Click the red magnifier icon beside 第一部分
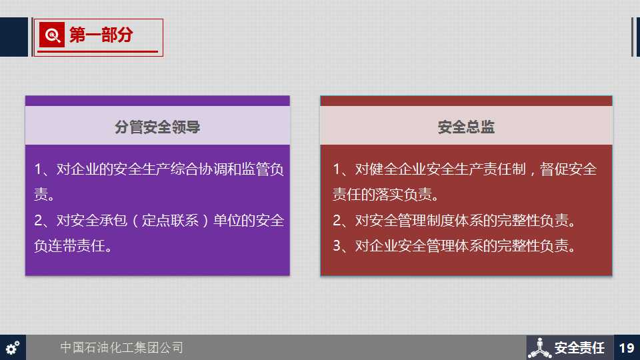(52, 35)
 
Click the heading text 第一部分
(101, 35)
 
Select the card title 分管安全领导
(157, 127)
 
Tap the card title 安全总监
(466, 127)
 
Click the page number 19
(627, 348)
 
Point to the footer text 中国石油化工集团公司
(121, 347)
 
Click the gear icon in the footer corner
(13, 347)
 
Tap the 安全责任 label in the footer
(579, 348)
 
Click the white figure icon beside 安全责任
(539, 348)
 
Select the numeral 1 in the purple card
(39, 169)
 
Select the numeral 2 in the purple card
(39, 221)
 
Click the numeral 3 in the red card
(337, 246)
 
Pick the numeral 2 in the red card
(337, 221)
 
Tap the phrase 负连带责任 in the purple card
(70, 246)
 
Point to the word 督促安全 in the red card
(568, 169)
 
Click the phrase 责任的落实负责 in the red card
(382, 195)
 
